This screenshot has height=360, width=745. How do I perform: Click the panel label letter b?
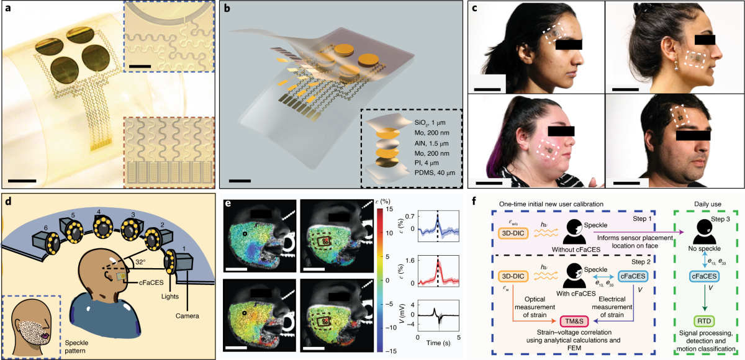228,9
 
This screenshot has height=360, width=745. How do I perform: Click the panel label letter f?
475,201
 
